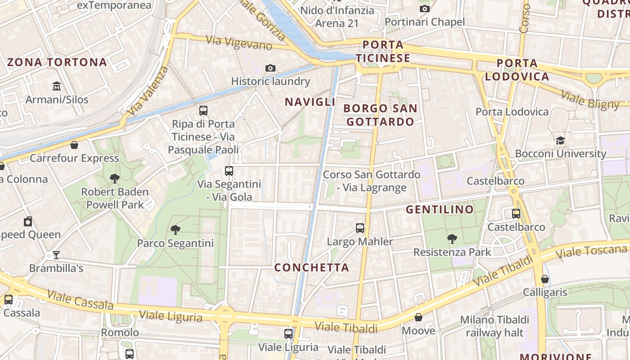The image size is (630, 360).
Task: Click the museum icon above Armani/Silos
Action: point(57,85)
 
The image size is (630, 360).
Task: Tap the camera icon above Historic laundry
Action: point(270,68)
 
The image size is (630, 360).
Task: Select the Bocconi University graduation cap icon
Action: point(560,140)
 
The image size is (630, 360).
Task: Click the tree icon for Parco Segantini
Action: point(175,230)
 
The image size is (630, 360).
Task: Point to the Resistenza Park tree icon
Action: point(452,238)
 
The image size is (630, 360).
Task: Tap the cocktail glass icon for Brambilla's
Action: point(56,255)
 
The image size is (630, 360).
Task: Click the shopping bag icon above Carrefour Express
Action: point(74,145)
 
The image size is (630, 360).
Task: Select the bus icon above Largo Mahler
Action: point(360,228)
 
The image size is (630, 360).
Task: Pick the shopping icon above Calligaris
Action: point(545,279)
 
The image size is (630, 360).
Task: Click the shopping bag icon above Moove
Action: point(418,318)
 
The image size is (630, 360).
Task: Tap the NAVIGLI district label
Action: point(310,102)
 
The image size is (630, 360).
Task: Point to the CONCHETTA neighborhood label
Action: point(312,268)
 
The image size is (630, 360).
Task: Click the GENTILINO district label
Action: point(440,209)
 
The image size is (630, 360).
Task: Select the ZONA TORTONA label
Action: point(57,62)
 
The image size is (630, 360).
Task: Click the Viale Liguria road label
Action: point(171,316)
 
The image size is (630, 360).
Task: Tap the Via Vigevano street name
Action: point(239,43)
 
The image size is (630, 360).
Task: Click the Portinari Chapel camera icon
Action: point(424,9)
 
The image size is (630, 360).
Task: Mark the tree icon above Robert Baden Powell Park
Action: point(115,179)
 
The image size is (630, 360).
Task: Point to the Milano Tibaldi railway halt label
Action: point(495,326)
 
